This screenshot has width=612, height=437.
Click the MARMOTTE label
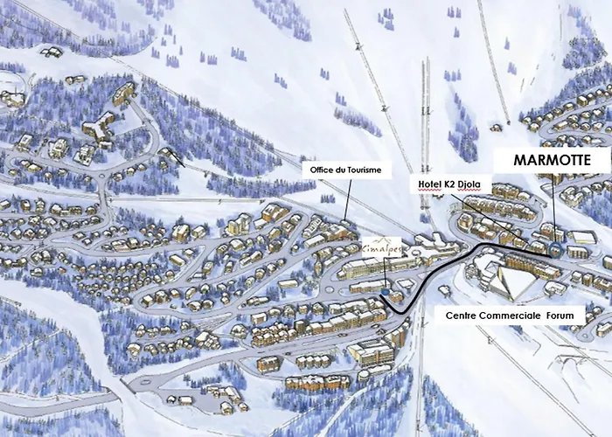pyautogui.click(x=550, y=160)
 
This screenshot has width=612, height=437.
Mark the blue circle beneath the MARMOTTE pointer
pyautogui.click(x=555, y=249)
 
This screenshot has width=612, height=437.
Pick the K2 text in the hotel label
pyautogui.click(x=452, y=184)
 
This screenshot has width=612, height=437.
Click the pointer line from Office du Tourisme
pyautogui.click(x=346, y=197)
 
